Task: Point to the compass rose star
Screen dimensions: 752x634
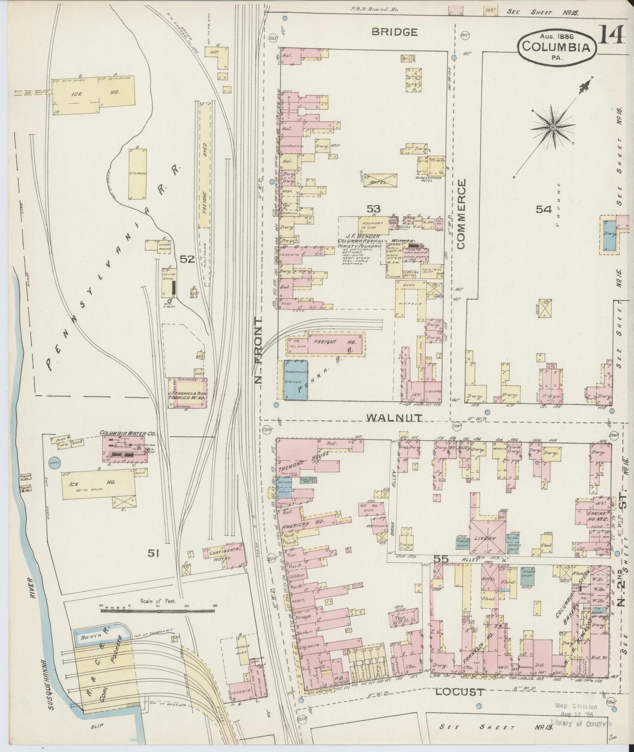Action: (x=553, y=127)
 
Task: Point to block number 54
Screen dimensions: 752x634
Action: (x=543, y=210)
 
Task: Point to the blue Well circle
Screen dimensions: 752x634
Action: (x=55, y=465)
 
